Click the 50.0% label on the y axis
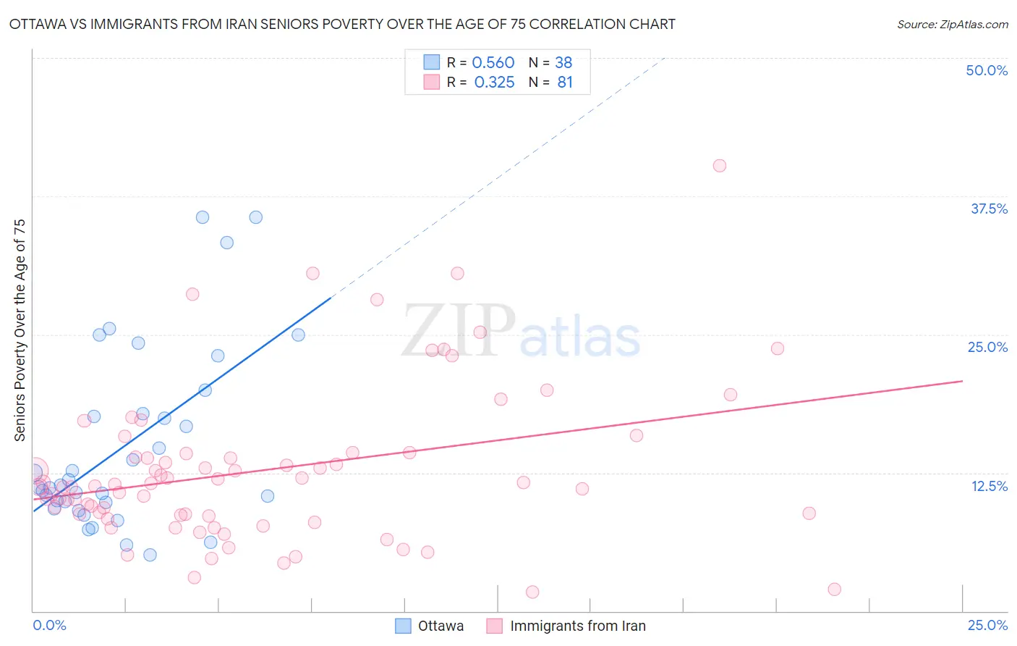987,70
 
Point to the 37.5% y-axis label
989,209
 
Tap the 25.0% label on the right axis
987,347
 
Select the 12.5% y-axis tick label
989,486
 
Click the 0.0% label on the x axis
49,625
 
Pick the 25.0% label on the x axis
987,625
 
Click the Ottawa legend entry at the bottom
441,626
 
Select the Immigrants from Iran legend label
577,626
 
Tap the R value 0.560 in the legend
493,63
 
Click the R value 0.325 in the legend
494,83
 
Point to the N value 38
563,63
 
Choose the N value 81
565,83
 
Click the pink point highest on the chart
719,166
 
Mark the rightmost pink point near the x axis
834,590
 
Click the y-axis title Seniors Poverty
20,330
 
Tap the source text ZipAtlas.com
952,25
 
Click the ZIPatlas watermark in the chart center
521,332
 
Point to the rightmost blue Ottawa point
298,335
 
